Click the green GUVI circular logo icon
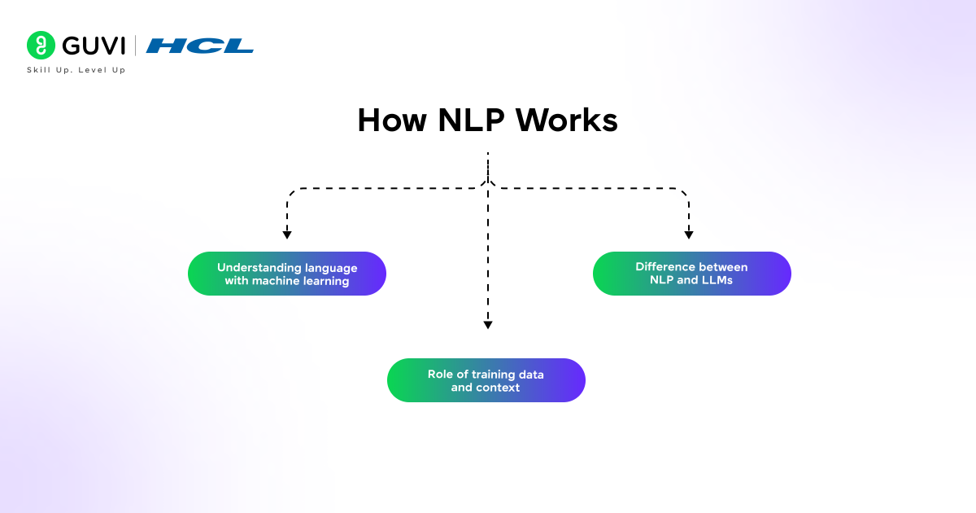41,46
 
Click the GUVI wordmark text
93,46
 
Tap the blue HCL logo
199,46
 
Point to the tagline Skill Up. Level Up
76,70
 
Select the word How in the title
392,121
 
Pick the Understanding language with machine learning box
287,274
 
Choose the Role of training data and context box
486,380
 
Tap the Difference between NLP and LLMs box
691,274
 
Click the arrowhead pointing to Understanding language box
287,235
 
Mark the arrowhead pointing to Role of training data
488,325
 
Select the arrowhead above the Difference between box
689,235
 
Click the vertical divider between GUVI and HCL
135,46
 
